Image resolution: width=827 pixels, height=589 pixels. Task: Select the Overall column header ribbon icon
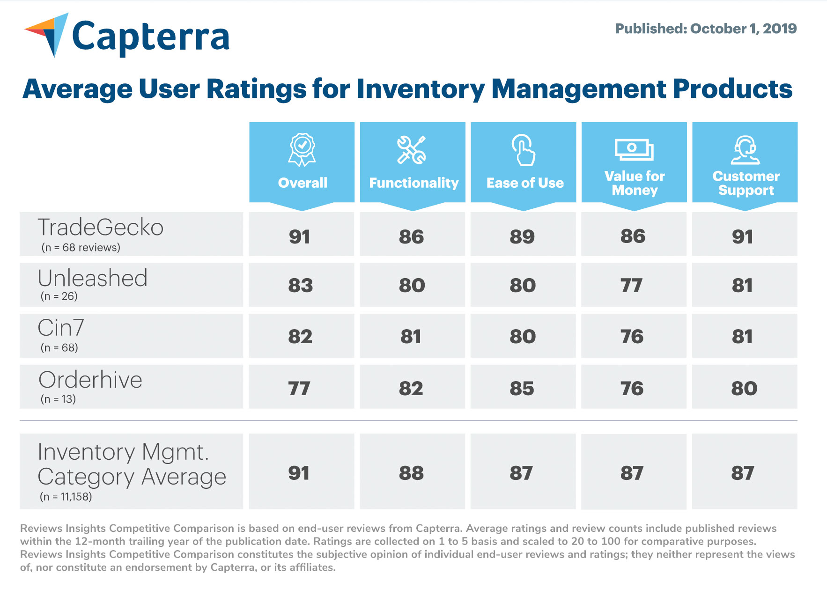(302, 150)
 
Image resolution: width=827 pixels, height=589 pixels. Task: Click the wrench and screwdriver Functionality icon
(411, 150)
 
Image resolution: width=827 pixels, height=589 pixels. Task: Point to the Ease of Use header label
(524, 183)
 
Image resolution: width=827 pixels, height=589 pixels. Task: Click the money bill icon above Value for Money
(634, 149)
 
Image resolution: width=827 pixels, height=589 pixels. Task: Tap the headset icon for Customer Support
(745, 150)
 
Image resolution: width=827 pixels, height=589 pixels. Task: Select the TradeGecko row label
(101, 228)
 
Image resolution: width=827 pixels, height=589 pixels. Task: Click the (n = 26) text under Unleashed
(59, 296)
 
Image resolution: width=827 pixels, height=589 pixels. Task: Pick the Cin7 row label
(61, 328)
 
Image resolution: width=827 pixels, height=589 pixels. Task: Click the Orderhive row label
(90, 380)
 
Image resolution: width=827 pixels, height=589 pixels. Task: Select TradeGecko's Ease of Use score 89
(522, 237)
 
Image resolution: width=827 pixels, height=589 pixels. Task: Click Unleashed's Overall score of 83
(300, 286)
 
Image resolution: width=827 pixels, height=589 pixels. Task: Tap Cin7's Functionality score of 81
(411, 337)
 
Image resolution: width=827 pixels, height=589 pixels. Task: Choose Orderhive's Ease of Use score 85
(522, 389)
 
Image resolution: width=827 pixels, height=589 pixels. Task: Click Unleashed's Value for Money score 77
(631, 286)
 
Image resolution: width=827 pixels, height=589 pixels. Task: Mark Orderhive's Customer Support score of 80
(744, 389)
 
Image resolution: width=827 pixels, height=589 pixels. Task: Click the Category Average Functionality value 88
(411, 473)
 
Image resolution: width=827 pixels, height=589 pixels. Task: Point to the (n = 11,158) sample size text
(66, 497)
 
